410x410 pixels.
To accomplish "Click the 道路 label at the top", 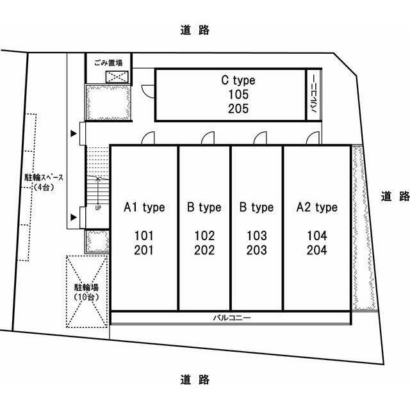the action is [195, 30].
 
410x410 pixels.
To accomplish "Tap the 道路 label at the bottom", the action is [195, 379].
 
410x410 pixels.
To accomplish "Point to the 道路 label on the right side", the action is [395, 197].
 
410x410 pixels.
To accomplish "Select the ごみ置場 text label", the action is [108, 63].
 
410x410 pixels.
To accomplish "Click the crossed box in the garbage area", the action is [117, 77].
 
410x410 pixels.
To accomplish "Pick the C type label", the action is [238, 81].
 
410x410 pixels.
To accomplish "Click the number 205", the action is [238, 108].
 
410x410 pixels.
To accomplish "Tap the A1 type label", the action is [144, 208].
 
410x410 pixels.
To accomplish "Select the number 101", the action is [143, 236].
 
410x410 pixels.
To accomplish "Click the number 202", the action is [204, 250].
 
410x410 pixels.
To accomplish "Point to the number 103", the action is [257, 236].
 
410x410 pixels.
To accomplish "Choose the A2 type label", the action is [317, 208].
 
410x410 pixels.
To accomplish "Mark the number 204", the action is [317, 250].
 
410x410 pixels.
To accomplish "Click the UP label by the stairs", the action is [98, 208].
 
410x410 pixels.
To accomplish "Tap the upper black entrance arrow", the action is [74, 134].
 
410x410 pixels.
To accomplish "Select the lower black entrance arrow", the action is [74, 217].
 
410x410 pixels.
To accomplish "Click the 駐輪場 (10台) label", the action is [86, 292].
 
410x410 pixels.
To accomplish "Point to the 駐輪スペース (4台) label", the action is [44, 182].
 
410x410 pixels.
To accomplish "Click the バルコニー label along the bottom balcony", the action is [232, 318].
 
